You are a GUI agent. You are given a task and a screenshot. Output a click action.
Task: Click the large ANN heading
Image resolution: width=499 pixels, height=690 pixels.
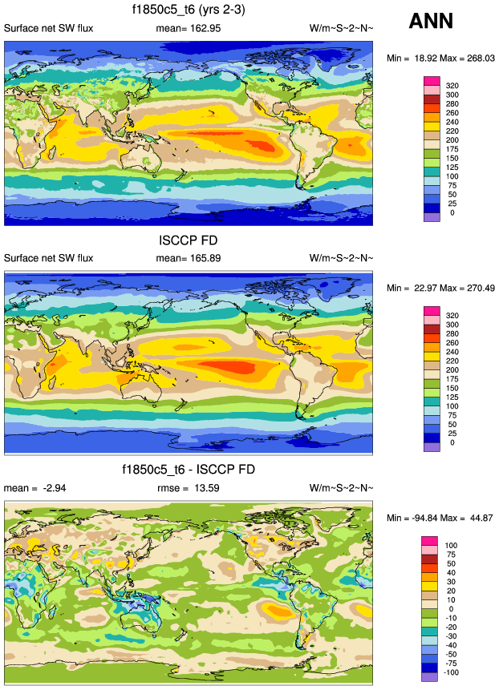pyautogui.click(x=430, y=22)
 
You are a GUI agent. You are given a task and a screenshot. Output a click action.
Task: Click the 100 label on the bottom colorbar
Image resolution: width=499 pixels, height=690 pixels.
pyautogui.click(x=452, y=545)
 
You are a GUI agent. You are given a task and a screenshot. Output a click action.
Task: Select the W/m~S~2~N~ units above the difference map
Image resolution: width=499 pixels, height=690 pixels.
pyautogui.click(x=341, y=487)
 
